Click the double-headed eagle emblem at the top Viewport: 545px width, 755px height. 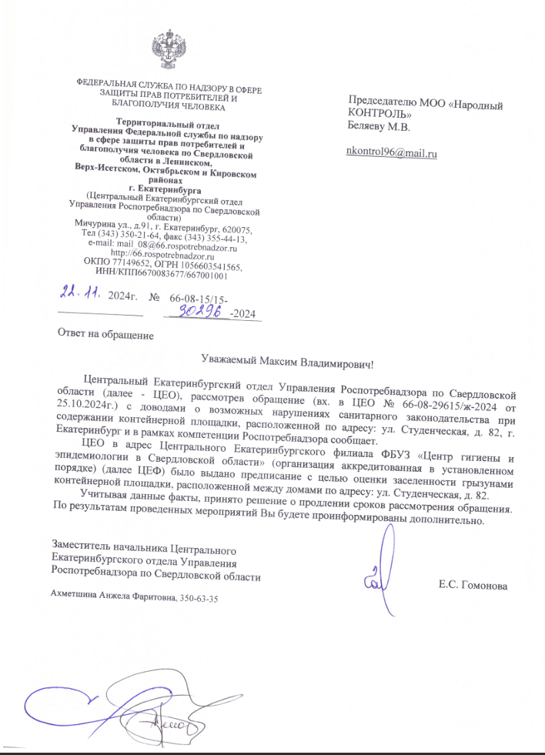(166, 50)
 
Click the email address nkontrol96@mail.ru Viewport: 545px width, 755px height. (393, 153)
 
